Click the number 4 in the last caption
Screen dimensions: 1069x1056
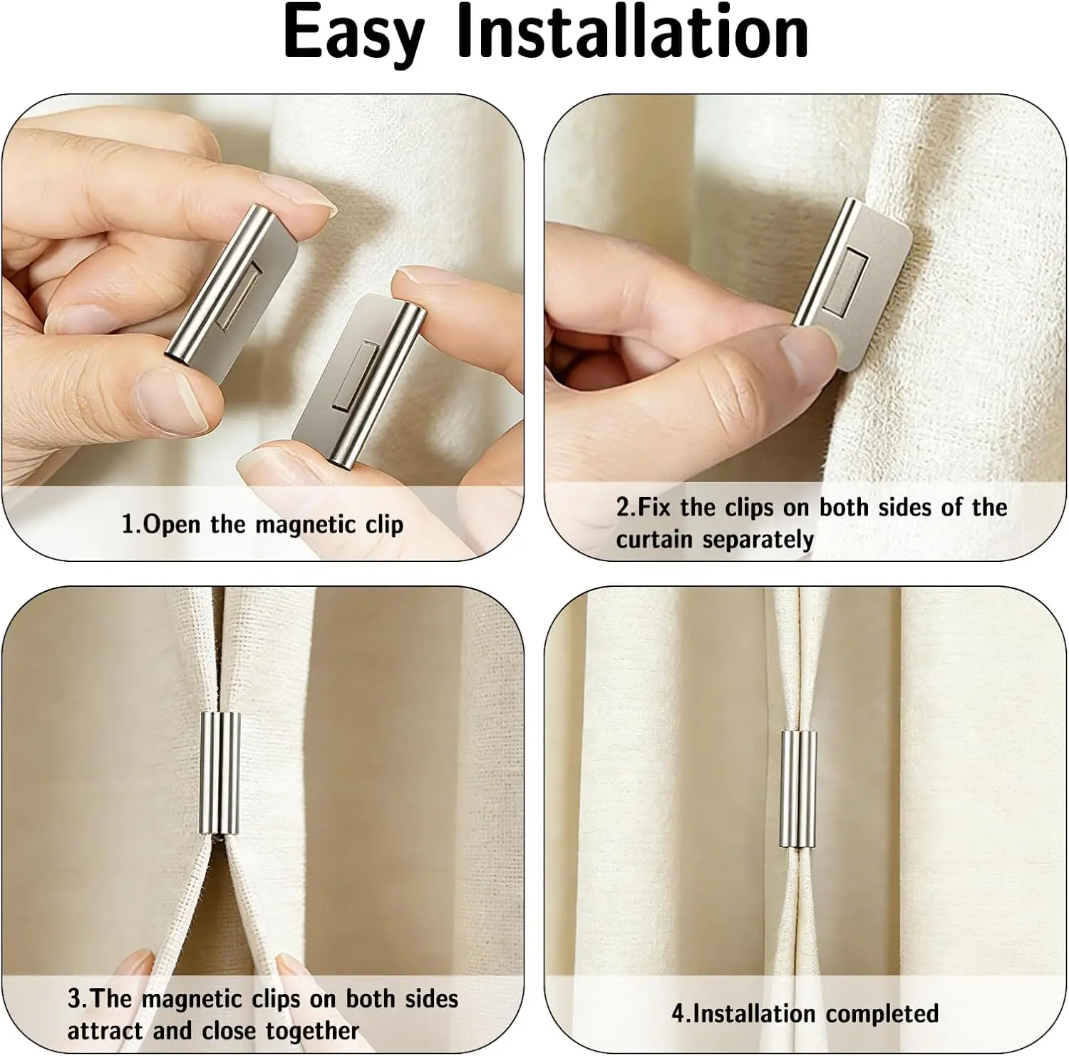click(x=678, y=1014)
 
